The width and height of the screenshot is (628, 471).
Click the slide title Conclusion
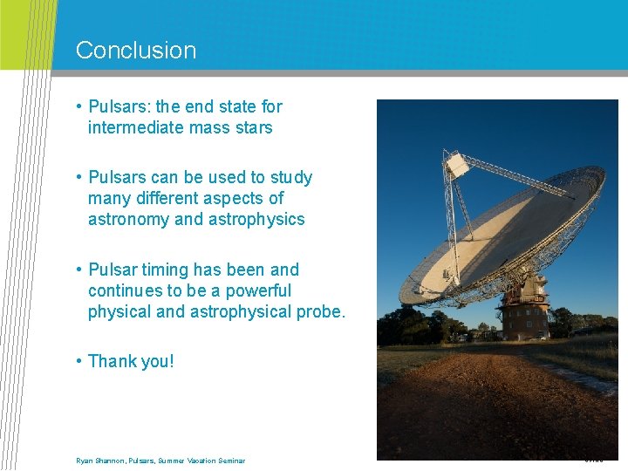pos(136,51)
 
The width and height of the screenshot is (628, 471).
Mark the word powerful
pos(258,290)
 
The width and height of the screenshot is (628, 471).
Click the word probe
pos(320,311)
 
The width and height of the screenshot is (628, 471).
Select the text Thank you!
pos(131,361)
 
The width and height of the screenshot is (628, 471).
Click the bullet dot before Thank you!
pos(78,361)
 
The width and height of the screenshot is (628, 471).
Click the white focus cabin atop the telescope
pos(455,163)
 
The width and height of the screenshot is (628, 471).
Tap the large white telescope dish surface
pos(497,235)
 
